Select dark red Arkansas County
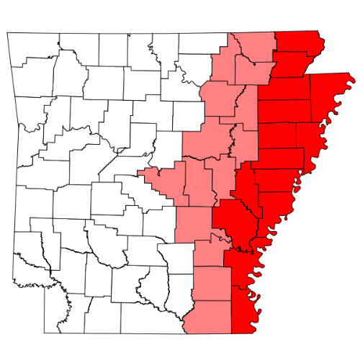(234, 220)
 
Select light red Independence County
(220, 97)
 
